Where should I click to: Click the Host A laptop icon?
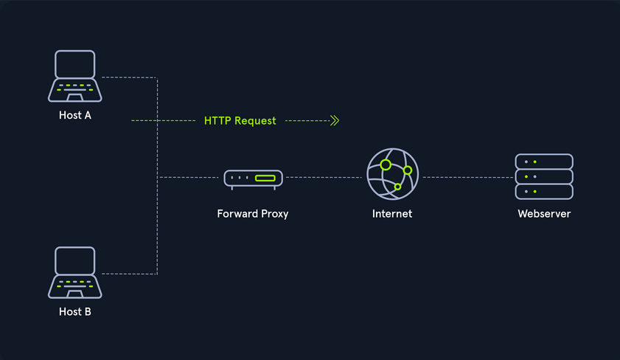click(75, 77)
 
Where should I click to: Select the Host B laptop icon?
click(75, 272)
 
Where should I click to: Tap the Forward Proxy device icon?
click(253, 179)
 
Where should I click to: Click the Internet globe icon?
click(392, 176)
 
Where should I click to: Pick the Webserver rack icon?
click(544, 176)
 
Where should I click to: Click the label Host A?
click(75, 116)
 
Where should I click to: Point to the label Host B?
click(75, 312)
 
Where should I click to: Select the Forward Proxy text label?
click(253, 214)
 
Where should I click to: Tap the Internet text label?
click(392, 214)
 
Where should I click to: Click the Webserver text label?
click(544, 214)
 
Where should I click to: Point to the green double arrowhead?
click(334, 120)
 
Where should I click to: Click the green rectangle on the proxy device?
click(265, 179)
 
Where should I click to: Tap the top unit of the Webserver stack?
click(544, 162)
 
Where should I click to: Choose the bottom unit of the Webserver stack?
click(544, 192)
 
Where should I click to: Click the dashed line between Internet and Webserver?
click(467, 177)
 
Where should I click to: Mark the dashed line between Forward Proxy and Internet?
click(324, 177)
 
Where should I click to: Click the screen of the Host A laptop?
click(75, 64)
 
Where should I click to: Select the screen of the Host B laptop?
click(75, 260)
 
